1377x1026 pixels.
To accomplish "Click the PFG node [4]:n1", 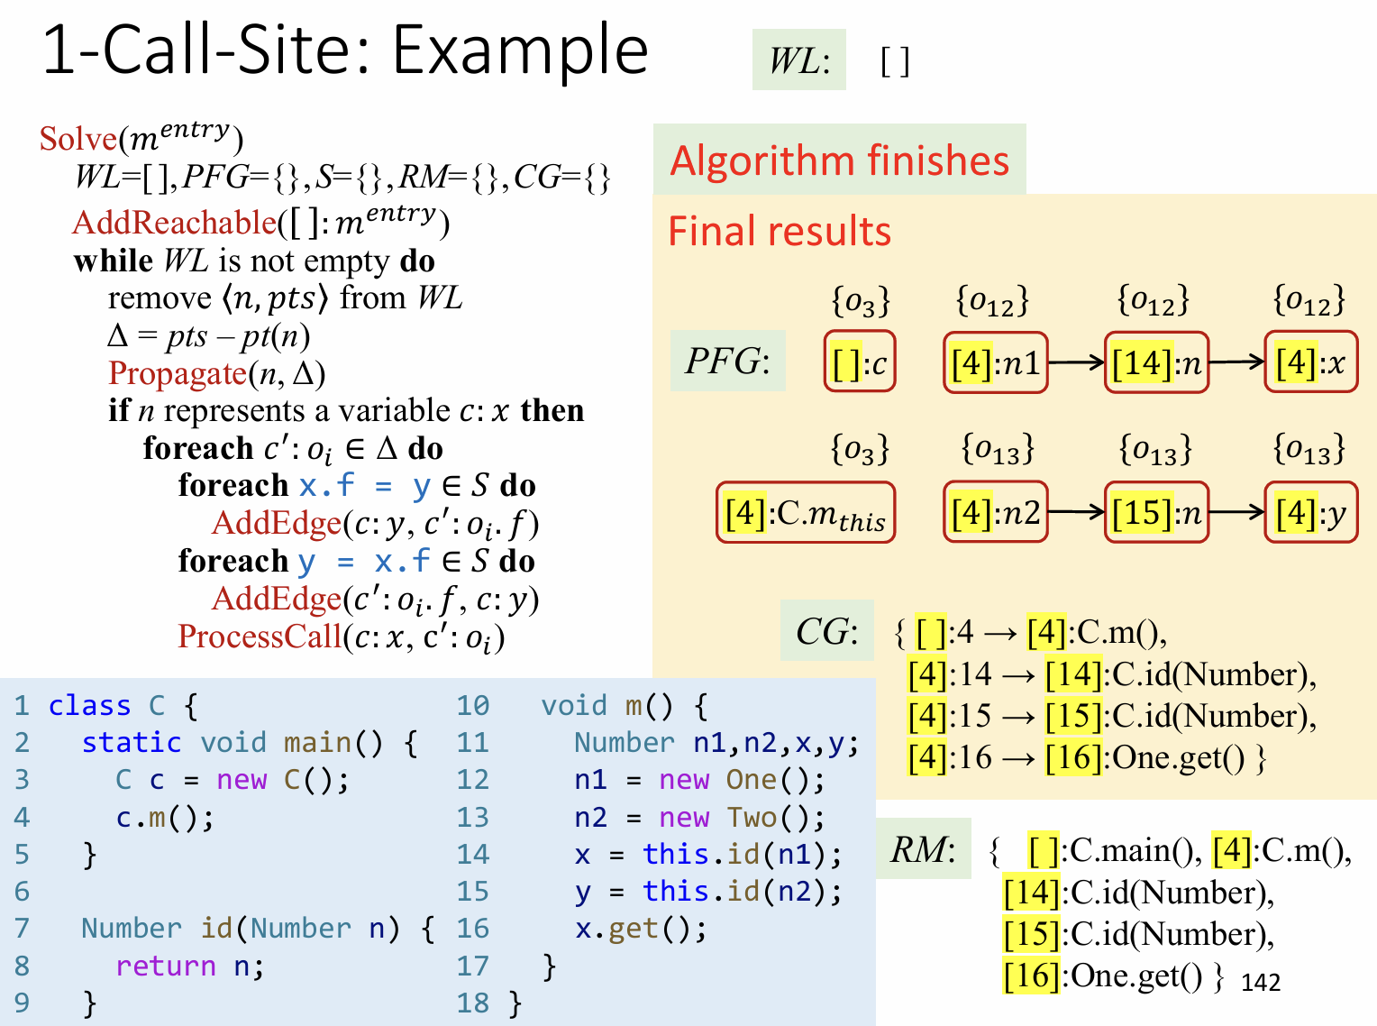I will coord(995,362).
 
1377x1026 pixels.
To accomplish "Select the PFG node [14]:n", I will coord(1156,362).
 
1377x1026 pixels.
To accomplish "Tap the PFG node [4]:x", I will coord(1310,362).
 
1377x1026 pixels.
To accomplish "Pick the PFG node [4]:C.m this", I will coord(806,512).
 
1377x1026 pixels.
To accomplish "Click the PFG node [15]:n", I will coord(1156,512).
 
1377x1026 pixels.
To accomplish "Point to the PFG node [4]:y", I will coord(1310,512).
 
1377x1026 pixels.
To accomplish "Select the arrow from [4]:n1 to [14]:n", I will coord(1077,362).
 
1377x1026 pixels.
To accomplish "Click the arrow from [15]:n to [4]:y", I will coord(1236,512).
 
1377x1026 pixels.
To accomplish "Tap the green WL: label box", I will coord(798,60).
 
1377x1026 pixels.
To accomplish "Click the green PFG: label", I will coord(727,361).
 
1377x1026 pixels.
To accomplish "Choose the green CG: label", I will coord(826,631).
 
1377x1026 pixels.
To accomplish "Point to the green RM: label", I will coord(923,848).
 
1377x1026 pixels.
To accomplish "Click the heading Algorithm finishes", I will coord(839,160).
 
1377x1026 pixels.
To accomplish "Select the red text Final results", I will coord(780,231).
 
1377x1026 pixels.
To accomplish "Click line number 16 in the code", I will coord(472,928).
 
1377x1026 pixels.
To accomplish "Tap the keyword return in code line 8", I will coord(165,966).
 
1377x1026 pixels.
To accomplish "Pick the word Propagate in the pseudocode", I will coord(178,373).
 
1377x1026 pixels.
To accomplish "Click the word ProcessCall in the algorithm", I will coord(260,637).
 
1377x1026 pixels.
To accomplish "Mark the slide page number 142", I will coord(1260,982).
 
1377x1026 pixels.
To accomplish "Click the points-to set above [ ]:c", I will coord(860,301).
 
